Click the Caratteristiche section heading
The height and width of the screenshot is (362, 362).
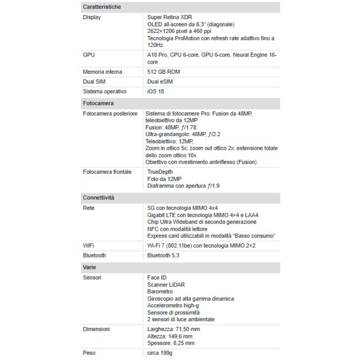coord(102,7)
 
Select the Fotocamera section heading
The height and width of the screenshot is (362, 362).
coord(98,103)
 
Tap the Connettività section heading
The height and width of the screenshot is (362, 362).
coord(99,198)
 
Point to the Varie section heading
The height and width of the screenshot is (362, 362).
coord(90,267)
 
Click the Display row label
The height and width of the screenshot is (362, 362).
coord(92,17)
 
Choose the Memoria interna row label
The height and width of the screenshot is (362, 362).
coord(102,72)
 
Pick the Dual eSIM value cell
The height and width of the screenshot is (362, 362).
coord(160,81)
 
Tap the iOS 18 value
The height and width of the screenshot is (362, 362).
coord(156,91)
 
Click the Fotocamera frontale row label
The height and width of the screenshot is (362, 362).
coord(107,172)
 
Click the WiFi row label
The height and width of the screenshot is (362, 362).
coord(89,246)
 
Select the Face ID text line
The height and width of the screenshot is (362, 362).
coord(158,277)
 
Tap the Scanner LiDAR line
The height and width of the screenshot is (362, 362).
coord(166,285)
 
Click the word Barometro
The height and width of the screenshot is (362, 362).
coord(160,292)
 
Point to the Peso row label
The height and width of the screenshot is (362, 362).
coord(89,352)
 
